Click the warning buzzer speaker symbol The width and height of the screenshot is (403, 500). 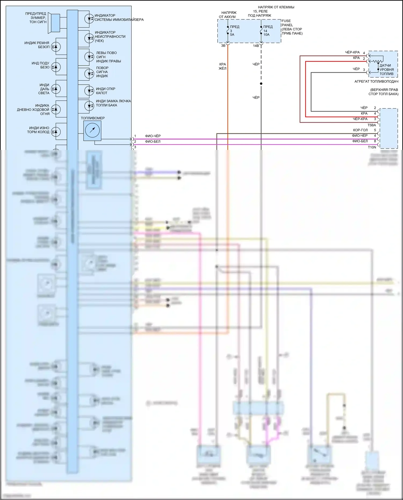54,23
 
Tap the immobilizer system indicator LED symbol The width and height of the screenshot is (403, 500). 89,19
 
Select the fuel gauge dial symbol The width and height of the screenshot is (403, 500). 92,130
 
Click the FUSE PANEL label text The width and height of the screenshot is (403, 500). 286,23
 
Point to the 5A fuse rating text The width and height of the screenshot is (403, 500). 232,35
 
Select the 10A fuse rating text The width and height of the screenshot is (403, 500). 266,35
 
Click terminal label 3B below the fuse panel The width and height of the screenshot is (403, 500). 223,46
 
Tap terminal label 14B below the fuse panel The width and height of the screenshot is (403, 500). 256,46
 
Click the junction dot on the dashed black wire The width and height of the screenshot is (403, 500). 261,84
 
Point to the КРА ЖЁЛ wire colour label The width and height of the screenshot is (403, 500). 222,66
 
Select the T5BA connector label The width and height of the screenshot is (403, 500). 372,125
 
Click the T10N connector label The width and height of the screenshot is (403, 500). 372,147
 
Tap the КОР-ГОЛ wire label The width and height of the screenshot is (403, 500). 360,130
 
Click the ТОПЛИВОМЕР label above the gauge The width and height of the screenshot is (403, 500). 93,118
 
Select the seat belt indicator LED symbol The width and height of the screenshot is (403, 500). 56,47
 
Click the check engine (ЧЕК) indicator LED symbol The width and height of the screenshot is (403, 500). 89,38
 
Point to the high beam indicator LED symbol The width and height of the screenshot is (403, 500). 56,89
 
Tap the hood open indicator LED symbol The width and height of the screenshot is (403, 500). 89,91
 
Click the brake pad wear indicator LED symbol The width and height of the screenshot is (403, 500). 56,132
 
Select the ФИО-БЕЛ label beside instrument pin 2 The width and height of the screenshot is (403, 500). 153,142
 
